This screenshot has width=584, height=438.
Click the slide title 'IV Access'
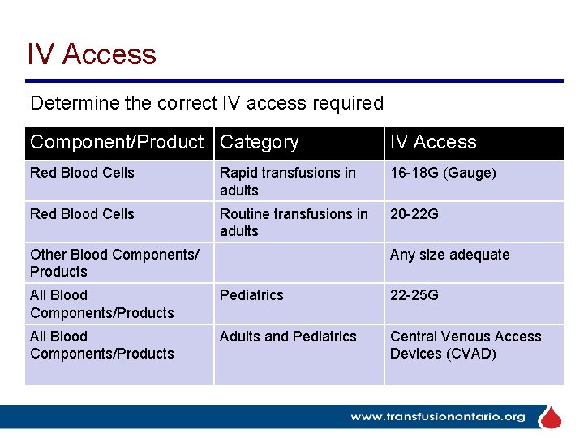click(92, 54)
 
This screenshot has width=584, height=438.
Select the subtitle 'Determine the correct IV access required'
click(207, 104)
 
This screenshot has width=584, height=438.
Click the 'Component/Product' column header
click(117, 143)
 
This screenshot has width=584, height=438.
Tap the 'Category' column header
click(260, 143)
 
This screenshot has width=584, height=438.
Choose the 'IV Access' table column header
click(433, 143)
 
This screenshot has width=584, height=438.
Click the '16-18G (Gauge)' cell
click(443, 173)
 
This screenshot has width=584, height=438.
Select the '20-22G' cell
click(414, 214)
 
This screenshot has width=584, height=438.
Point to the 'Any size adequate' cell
click(449, 255)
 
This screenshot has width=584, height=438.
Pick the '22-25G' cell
click(414, 295)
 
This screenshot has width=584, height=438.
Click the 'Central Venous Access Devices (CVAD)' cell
click(465, 345)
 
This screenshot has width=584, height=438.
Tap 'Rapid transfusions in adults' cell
click(287, 182)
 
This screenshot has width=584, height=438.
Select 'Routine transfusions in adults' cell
click(293, 222)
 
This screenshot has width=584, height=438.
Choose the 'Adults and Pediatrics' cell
click(288, 337)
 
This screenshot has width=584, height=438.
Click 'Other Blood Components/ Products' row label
click(114, 263)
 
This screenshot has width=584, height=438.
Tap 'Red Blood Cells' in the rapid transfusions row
click(82, 173)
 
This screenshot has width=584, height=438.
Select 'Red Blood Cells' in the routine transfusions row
click(82, 214)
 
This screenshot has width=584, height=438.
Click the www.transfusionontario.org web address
click(437, 417)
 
